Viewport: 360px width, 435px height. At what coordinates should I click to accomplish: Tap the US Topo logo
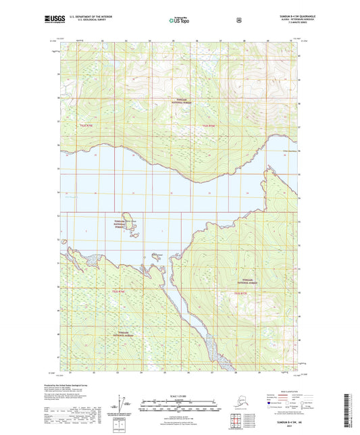(x=179, y=22)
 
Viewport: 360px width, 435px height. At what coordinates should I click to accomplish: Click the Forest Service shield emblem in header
(x=238, y=21)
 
